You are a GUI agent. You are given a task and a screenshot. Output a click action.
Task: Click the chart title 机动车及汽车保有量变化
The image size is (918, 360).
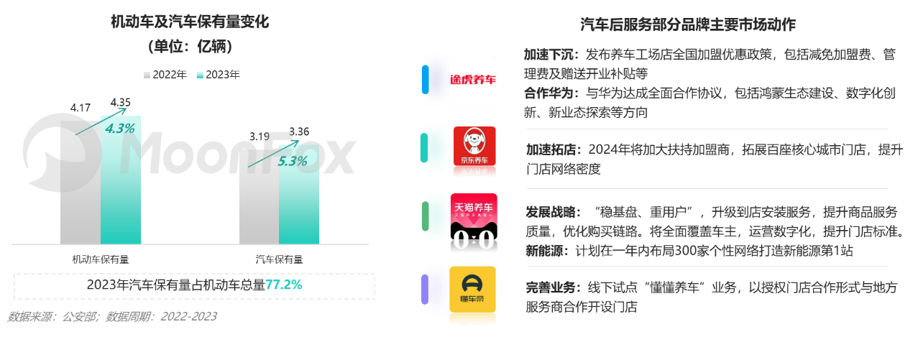pos(189,22)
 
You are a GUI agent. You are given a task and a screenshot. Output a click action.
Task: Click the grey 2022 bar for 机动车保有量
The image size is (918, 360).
pos(80,180)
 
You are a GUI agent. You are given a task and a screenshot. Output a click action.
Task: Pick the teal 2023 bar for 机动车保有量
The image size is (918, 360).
pos(120,180)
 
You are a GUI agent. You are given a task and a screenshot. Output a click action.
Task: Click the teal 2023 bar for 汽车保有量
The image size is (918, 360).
pos(298,190)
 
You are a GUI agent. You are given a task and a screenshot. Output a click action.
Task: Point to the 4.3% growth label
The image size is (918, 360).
pos(120,129)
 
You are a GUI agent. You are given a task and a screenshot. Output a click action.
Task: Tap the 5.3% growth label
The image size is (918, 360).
pos(293,161)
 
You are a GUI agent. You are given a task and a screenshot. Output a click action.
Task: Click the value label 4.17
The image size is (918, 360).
pos(80,108)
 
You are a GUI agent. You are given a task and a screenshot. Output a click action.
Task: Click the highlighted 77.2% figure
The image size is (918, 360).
pos(284,285)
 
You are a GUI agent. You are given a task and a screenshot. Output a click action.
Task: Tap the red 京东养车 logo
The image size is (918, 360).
pos(474,151)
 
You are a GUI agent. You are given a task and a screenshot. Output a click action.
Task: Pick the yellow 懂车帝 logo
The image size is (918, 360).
pos(473,292)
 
